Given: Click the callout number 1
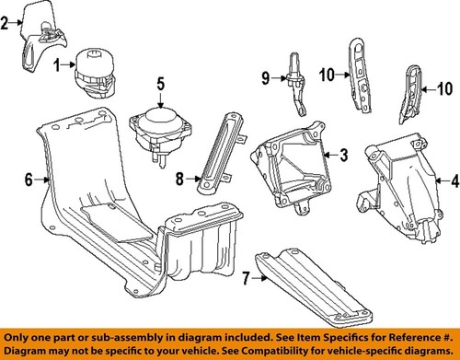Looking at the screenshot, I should [x=57, y=64].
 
